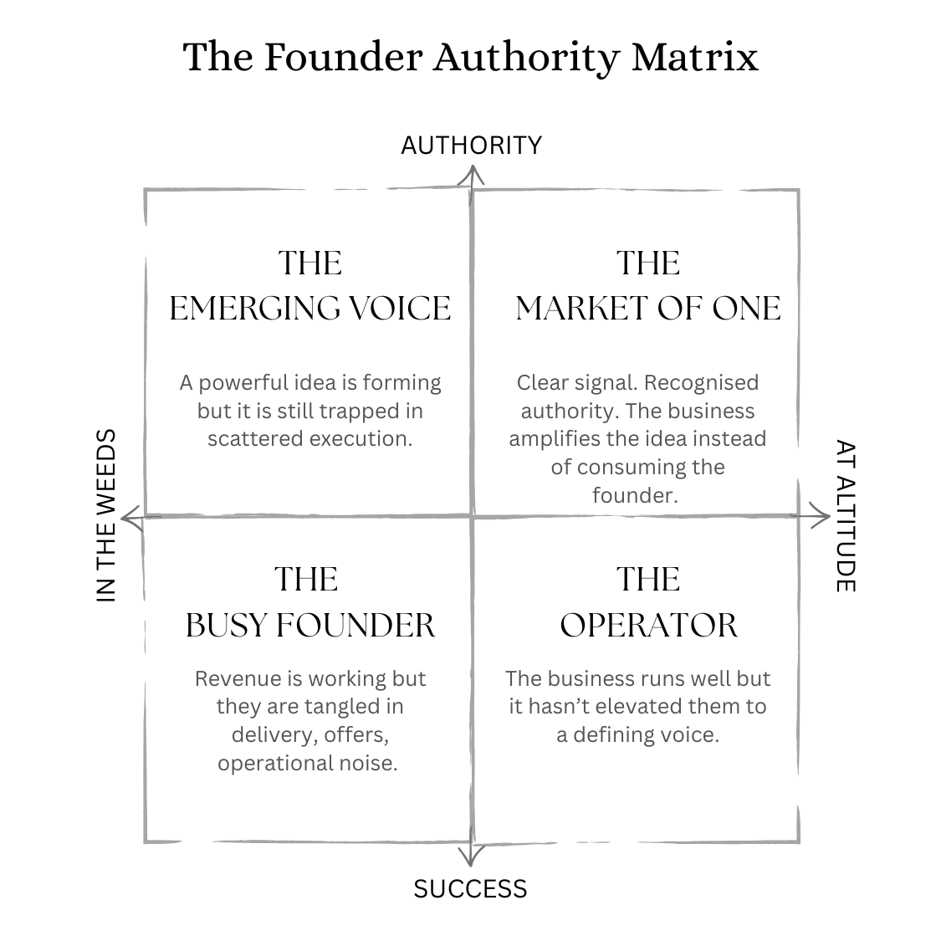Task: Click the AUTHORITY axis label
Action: point(471,146)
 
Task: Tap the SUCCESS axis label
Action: point(470,888)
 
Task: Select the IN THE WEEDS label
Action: point(106,515)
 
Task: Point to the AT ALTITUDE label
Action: point(846,515)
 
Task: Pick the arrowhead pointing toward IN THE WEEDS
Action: point(130,519)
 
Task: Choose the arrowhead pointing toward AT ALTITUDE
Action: point(819,517)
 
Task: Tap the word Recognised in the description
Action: point(702,383)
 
